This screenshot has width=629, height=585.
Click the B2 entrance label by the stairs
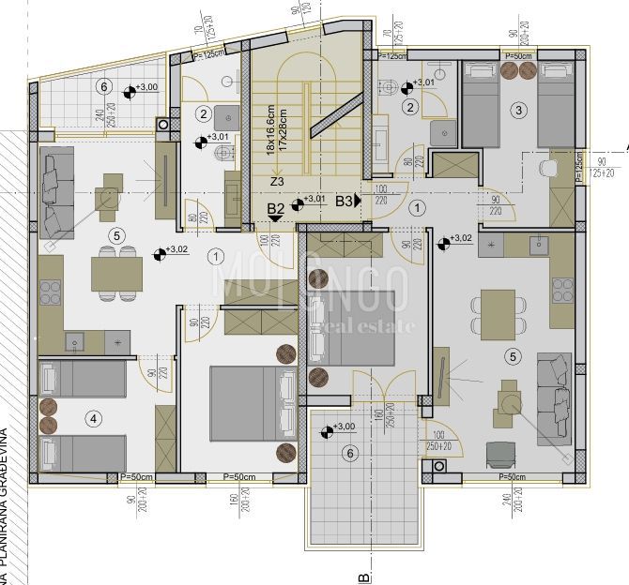click(276, 209)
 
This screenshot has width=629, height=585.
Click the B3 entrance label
click(345, 201)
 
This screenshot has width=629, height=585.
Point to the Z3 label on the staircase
click(276, 182)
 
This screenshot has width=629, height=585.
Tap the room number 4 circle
click(91, 417)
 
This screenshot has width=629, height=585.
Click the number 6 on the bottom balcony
click(350, 454)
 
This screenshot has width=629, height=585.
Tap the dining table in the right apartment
click(498, 314)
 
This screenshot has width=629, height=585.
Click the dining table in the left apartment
click(116, 274)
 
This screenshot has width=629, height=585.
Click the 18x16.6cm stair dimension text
click(269, 128)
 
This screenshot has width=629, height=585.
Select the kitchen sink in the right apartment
click(539, 247)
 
